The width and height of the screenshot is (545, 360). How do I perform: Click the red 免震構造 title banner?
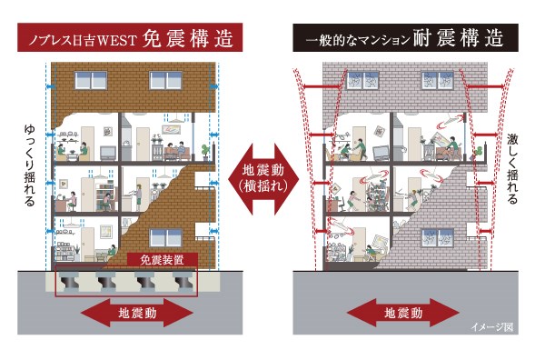[130, 37]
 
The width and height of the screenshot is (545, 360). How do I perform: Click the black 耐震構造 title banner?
[405, 37]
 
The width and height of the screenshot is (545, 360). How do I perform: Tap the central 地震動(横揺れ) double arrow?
[263, 179]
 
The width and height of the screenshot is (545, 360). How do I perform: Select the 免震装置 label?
[162, 259]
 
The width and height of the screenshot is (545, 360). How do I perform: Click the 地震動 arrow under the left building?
[137, 313]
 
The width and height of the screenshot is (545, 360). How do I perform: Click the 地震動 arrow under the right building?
[403, 313]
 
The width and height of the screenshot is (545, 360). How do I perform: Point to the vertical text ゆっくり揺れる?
[30, 165]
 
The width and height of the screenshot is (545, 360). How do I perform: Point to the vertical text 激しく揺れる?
[512, 169]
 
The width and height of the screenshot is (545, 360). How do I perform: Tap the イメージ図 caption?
[491, 327]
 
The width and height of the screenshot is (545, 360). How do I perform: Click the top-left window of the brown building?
[91, 80]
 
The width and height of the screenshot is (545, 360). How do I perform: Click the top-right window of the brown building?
[165, 80]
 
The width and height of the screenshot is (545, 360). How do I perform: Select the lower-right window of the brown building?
[165, 237]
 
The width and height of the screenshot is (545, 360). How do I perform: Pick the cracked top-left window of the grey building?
[362, 80]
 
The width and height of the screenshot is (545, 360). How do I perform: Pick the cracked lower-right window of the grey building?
[438, 237]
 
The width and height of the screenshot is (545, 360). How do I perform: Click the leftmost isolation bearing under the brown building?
[70, 281]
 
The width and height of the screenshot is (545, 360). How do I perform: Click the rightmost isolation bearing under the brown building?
[182, 281]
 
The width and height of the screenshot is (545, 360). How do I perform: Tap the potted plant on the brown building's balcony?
[205, 153]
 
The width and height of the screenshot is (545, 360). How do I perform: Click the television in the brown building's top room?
[108, 153]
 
